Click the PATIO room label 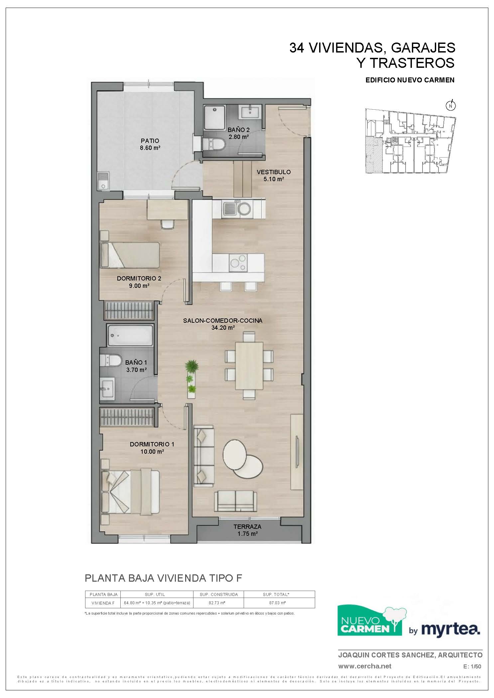pyautogui.click(x=150, y=141)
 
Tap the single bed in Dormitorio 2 pyautogui.click(x=130, y=255)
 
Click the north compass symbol pyautogui.click(x=450, y=105)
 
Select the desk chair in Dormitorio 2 pyautogui.click(x=167, y=224)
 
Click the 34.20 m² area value pyautogui.click(x=223, y=327)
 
